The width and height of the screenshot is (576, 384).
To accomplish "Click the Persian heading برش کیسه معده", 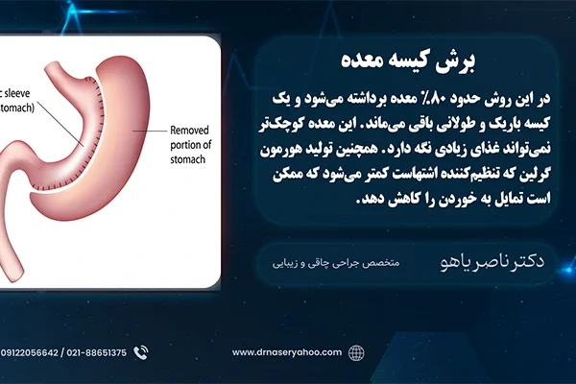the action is pos(408,60).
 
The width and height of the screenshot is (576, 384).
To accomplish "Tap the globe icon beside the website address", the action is pos(356,353).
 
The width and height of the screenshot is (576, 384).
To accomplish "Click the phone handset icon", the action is pos(141,352).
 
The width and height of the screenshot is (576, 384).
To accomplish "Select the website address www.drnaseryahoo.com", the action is pos(287,352).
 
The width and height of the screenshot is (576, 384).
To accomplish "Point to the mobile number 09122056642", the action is pos(30,352).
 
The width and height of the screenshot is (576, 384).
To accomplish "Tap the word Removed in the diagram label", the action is pos(189,131).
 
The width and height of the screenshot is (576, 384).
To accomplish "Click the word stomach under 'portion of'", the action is pos(188,159).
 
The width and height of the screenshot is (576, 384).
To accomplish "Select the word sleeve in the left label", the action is pos(17,93).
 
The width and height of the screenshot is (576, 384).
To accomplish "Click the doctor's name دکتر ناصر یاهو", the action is pos(492,261).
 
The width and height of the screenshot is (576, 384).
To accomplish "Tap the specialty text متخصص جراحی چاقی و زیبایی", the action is pos(336,263).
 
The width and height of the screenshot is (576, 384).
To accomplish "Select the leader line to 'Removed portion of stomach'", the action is pos(150,131).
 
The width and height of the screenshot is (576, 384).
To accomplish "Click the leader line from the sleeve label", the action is pos(60,124).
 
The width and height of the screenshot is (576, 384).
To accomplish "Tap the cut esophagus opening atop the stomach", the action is pos(51,69).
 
